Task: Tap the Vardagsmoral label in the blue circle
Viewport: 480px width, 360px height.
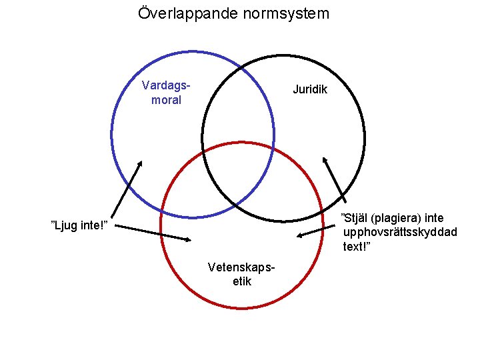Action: pyautogui.click(x=167, y=93)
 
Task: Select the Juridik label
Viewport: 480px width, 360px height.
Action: pyautogui.click(x=310, y=89)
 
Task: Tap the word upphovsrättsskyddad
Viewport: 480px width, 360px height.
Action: pyautogui.click(x=399, y=232)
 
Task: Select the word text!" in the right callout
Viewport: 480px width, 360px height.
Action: pyautogui.click(x=357, y=247)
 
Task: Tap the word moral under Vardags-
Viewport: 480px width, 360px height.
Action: pyautogui.click(x=167, y=100)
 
